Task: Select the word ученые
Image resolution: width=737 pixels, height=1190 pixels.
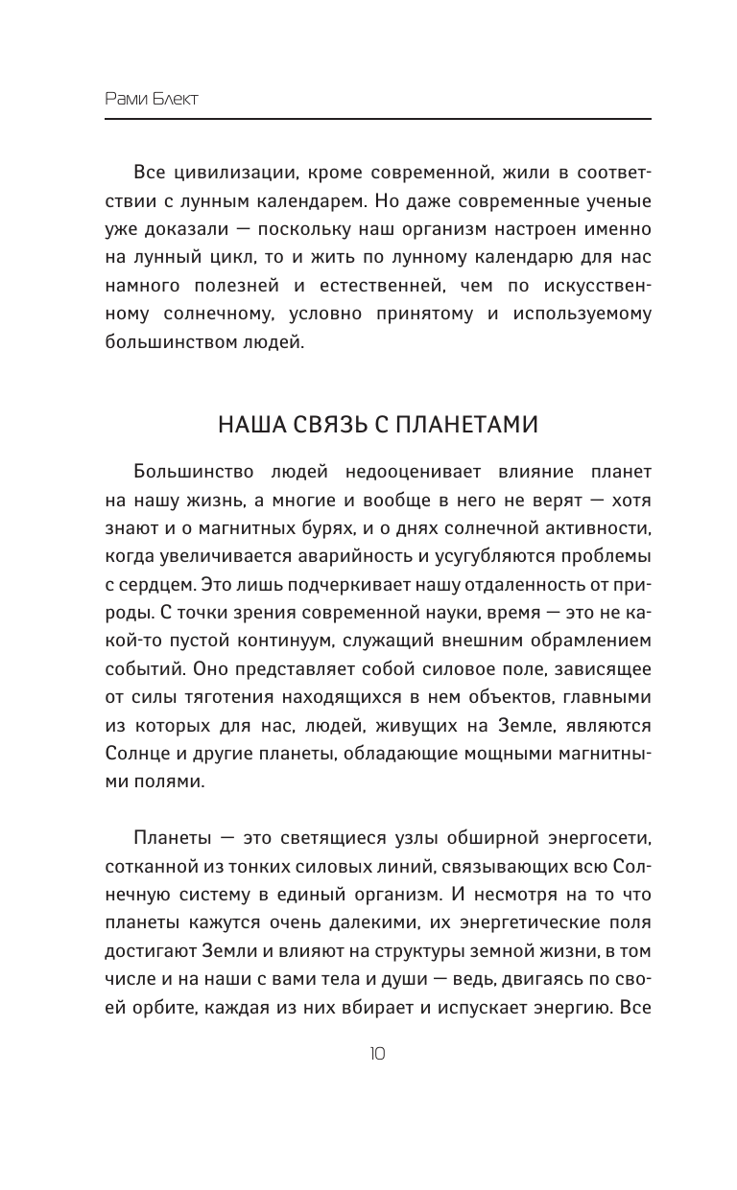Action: [x=619, y=201]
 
